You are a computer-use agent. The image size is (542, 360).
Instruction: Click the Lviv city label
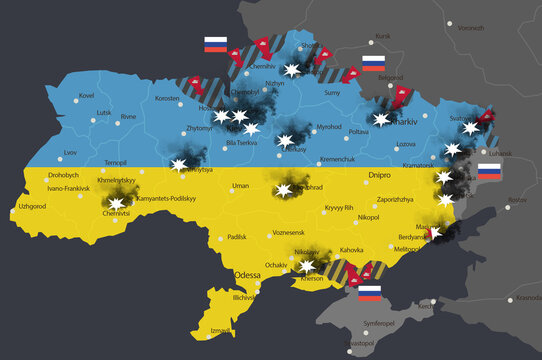[x=69, y=152]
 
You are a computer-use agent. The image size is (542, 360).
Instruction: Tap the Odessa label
[x=246, y=274]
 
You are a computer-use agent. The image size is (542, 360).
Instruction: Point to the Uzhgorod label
[x=32, y=206]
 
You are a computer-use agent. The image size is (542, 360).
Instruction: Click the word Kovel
[x=86, y=96]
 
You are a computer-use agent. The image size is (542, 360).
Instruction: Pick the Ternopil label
[x=116, y=161]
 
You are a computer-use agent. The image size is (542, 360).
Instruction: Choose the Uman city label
[x=240, y=186]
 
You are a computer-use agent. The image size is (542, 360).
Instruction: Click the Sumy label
[x=334, y=92]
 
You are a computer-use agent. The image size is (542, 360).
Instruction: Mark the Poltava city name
[x=358, y=130]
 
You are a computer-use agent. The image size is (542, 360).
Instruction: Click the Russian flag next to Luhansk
[x=490, y=172]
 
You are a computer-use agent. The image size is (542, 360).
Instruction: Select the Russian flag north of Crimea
[x=370, y=293]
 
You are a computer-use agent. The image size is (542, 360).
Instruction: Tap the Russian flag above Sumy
[x=373, y=64]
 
